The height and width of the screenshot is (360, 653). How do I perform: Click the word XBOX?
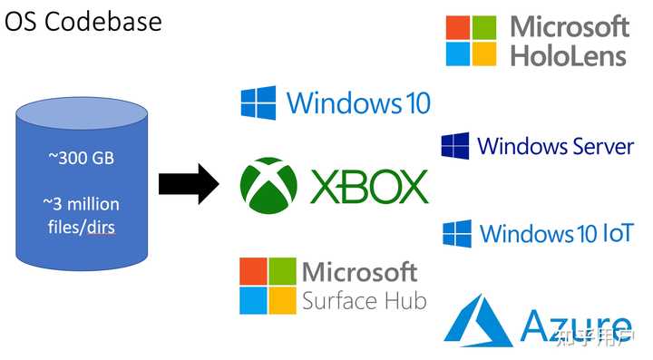click(x=369, y=186)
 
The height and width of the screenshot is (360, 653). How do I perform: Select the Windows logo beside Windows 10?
click(x=258, y=102)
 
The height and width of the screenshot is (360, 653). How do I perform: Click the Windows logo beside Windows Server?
click(x=454, y=146)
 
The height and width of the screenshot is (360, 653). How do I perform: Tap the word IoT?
click(x=618, y=233)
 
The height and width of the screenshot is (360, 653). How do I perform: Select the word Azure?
click(x=576, y=325)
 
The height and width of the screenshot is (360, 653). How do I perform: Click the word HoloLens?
click(x=569, y=55)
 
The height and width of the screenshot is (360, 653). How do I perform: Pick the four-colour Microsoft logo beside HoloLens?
click(x=471, y=41)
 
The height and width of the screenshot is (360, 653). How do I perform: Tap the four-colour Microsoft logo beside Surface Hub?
click(x=267, y=286)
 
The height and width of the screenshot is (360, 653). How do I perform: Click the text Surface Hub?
click(x=364, y=300)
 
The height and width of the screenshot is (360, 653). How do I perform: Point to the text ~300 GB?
click(x=81, y=159)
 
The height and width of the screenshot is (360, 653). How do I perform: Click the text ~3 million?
click(x=81, y=203)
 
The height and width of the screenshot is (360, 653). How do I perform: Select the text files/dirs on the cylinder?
click(x=81, y=226)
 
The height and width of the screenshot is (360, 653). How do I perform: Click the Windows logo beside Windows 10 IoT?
click(x=456, y=234)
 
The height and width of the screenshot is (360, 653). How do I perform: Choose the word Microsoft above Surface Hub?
click(x=359, y=271)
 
